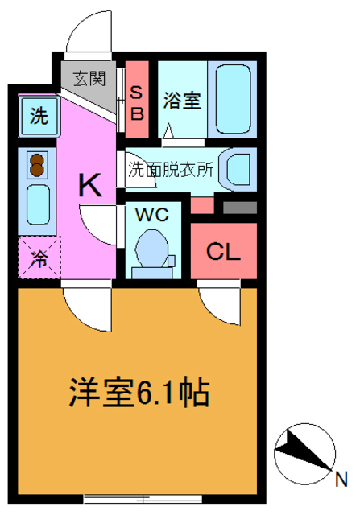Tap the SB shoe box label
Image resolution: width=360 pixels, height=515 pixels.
pyautogui.click(x=137, y=102)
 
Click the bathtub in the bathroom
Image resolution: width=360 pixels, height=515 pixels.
pyautogui.click(x=232, y=101)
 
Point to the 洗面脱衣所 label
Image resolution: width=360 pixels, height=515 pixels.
pyautogui.click(x=171, y=170)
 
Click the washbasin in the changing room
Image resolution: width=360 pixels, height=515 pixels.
pyautogui.click(x=239, y=170)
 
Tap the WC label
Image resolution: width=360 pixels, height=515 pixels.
pyautogui.click(x=151, y=216)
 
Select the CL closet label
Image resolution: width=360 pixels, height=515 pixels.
pyautogui.click(x=223, y=252)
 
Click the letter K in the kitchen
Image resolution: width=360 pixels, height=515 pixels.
pyautogui.click(x=89, y=187)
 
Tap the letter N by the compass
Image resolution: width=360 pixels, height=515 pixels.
pyautogui.click(x=341, y=479)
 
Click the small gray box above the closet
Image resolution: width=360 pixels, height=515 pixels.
pyautogui.click(x=239, y=207)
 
